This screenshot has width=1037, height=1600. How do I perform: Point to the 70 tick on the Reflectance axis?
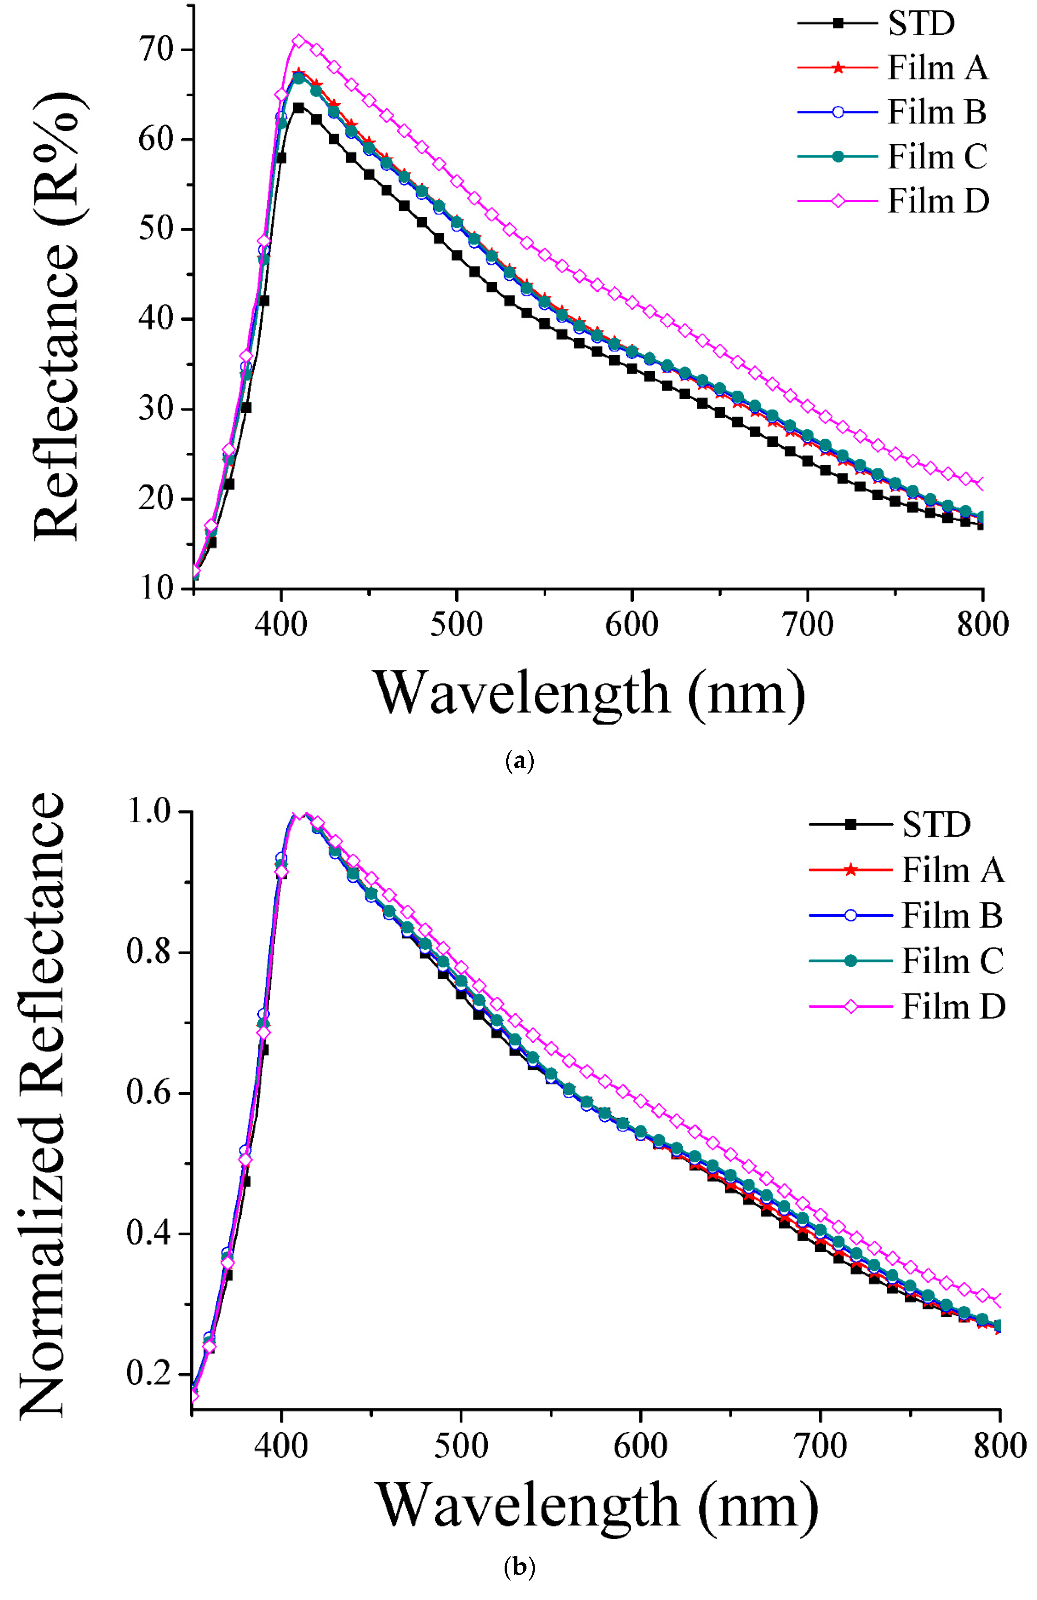click(156, 50)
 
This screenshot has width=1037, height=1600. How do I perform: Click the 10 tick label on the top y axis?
click(156, 588)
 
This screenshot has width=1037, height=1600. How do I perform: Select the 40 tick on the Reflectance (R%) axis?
click(156, 319)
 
